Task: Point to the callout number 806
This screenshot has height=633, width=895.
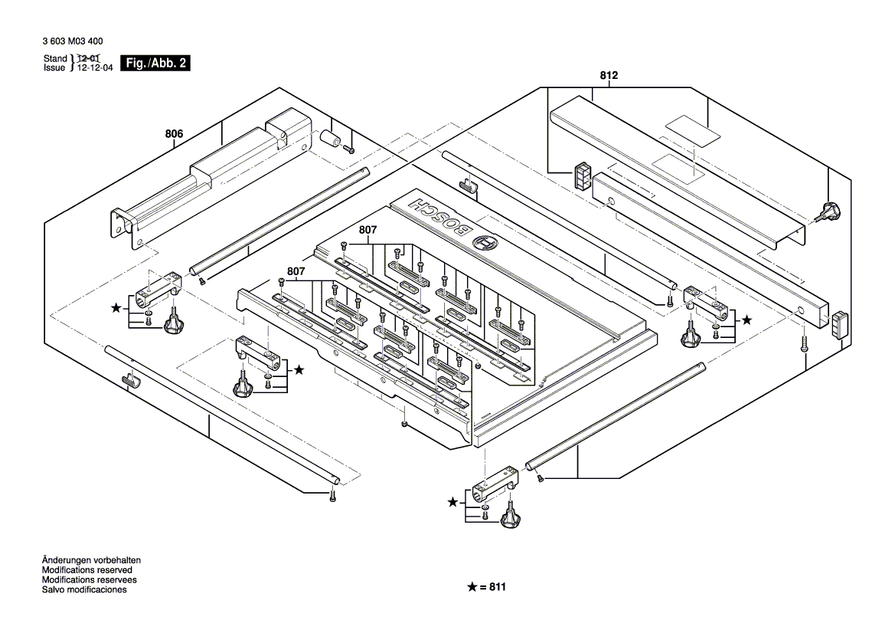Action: tap(175, 134)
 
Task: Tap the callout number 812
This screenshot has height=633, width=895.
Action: tap(609, 76)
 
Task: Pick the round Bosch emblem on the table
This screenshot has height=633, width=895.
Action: tap(485, 244)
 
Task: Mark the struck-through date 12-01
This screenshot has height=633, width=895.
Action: tap(89, 59)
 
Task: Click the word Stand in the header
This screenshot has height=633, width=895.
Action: tap(55, 59)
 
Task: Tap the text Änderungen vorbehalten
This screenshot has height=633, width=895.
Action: tap(91, 560)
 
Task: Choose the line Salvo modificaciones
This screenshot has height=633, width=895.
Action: tap(84, 589)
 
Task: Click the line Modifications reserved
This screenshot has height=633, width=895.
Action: tap(87, 570)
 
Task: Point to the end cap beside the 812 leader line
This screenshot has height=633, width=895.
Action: tap(583, 177)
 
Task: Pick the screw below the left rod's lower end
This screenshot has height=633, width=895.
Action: tap(332, 499)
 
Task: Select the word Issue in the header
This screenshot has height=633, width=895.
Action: tap(55, 68)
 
